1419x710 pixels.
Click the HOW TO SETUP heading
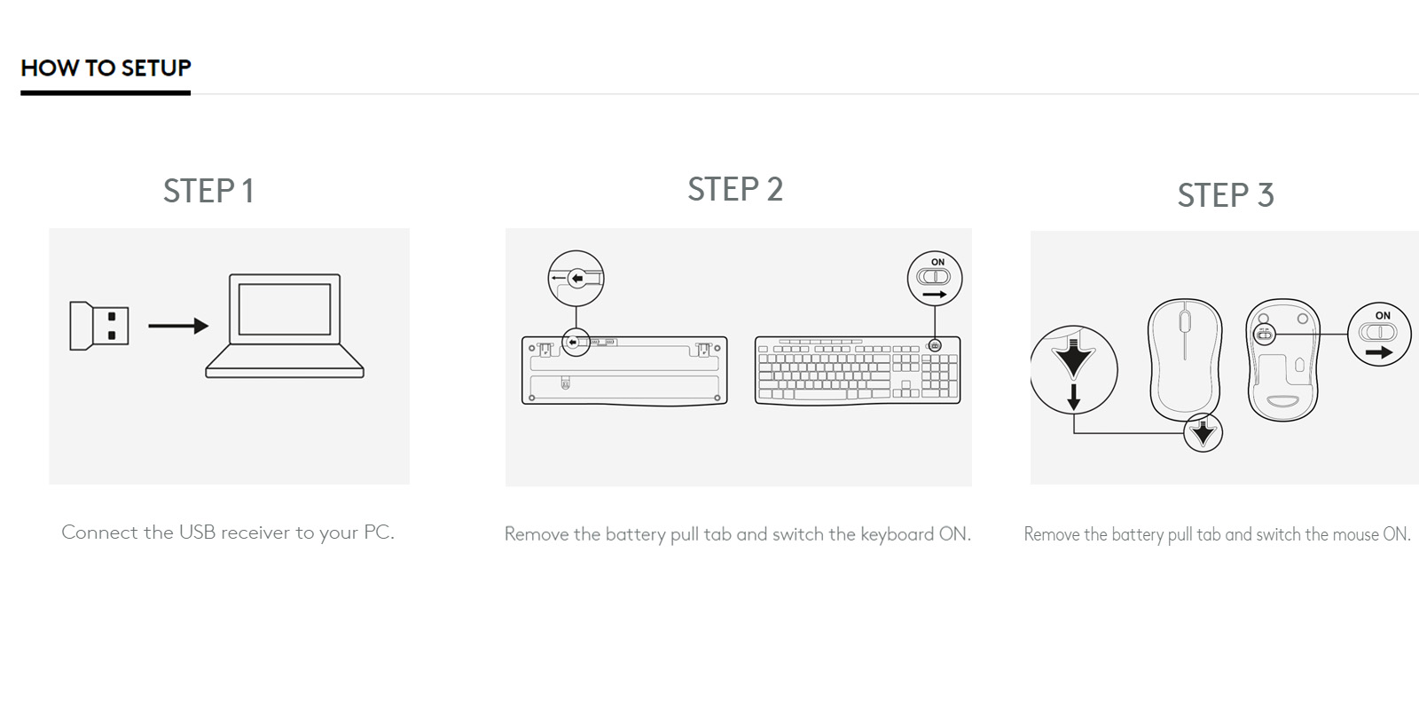[106, 68]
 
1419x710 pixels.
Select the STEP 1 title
[208, 192]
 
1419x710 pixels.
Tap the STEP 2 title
[735, 190]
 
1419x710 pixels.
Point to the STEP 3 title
[1225, 195]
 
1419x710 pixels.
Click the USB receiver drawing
[98, 326]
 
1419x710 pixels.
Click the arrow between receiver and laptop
[177, 327]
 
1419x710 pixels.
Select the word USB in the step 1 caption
[197, 532]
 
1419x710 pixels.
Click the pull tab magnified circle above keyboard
[576, 279]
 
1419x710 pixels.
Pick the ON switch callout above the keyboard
[934, 278]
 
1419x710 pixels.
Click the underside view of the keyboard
[624, 370]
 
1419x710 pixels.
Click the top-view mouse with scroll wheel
[1185, 359]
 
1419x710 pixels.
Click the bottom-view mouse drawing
[1282, 359]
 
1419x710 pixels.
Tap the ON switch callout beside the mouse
[1378, 333]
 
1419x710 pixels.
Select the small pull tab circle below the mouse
[1203, 432]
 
